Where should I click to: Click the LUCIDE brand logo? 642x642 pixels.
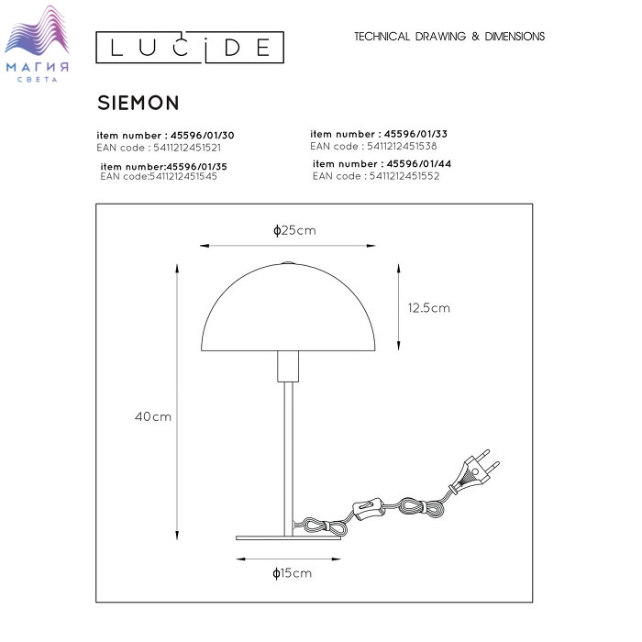pos(190,47)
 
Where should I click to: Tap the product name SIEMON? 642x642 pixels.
pos(138,103)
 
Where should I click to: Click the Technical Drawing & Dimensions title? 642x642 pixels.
pos(449,37)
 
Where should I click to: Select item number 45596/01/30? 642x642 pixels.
pos(165,135)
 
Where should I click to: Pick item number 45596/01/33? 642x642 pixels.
pos(379,134)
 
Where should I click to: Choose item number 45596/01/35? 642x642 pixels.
pos(164,167)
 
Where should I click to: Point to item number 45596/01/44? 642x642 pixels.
pos(382,164)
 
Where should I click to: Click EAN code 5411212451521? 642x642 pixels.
pos(159,148)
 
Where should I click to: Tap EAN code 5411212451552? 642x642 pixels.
pos(376,176)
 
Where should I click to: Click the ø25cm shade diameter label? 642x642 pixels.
pos(294,230)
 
